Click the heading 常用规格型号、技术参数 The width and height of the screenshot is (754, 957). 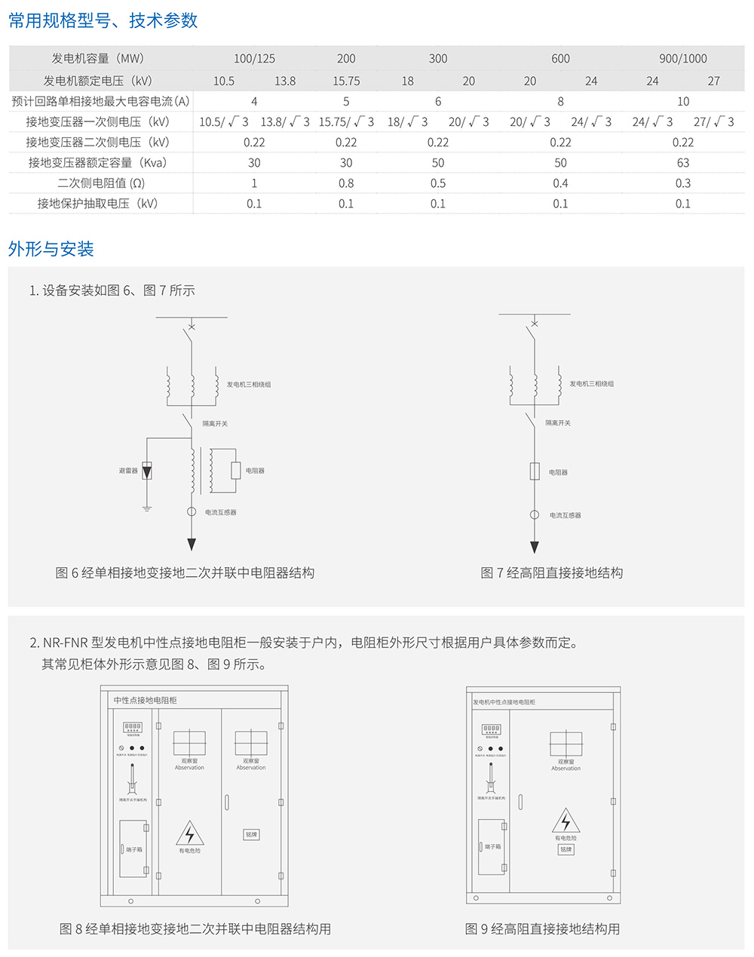pos(103,20)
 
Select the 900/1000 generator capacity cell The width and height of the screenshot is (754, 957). pos(682,58)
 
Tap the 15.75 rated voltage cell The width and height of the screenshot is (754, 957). pos(346,81)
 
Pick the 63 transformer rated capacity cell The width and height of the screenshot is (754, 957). pos(682,162)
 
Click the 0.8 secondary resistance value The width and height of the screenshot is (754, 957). pos(346,183)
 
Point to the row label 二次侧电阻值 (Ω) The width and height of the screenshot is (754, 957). pos(101,183)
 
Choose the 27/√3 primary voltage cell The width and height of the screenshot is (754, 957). pos(713,121)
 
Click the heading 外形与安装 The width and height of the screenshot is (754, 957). pos(51,249)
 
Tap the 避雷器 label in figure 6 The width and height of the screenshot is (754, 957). pos(128,471)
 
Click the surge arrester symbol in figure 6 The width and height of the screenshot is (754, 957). pos(147,471)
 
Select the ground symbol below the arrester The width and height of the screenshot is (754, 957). pos(147,508)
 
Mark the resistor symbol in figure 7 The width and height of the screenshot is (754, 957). pos(535,472)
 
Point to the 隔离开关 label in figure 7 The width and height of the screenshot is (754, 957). pos(558,423)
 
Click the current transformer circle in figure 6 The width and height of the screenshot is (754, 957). pos(192,512)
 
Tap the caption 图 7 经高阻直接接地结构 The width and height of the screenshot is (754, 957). pos(552,573)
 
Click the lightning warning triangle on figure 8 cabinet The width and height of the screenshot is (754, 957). pos(190,833)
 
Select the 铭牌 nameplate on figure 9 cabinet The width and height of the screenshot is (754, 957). pos(565,849)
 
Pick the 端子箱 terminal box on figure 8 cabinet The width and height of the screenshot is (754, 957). pos(133,849)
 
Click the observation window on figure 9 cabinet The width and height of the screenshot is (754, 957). pos(565,744)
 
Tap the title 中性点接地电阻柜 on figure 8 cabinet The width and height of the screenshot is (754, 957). pos(146,700)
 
